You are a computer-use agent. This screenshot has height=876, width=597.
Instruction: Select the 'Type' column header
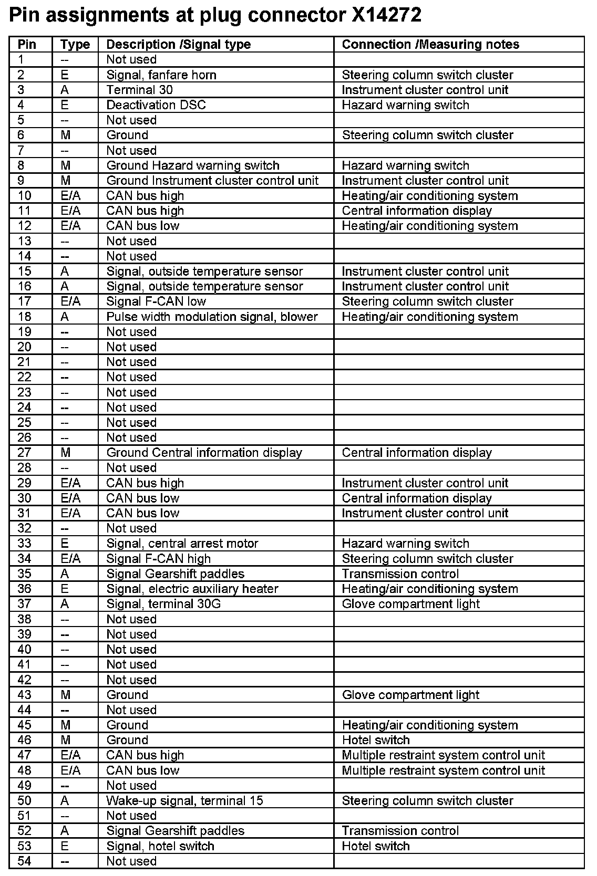[75, 45]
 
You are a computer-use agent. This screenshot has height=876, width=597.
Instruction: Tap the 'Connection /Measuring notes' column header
[430, 45]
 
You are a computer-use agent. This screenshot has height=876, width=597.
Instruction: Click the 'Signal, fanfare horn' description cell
[161, 75]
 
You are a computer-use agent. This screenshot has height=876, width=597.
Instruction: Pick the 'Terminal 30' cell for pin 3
[139, 90]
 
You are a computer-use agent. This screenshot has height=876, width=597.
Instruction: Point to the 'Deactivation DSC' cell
[156, 105]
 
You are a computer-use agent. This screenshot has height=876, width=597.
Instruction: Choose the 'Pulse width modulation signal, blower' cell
[212, 317]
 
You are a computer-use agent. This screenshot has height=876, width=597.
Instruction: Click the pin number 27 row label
[24, 453]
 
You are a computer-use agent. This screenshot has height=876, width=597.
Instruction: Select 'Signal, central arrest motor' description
[182, 544]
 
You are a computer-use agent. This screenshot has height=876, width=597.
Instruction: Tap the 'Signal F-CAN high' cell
[158, 559]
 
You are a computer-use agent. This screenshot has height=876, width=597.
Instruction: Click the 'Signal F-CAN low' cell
[156, 301]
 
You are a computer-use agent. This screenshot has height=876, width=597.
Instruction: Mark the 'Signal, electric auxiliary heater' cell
[192, 589]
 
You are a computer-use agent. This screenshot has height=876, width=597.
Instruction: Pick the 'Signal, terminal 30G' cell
[163, 604]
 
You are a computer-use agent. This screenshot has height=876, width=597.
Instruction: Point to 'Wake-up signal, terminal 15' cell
[184, 801]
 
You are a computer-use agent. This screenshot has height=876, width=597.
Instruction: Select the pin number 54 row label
[24, 861]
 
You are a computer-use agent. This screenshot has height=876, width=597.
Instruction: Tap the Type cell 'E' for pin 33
[65, 544]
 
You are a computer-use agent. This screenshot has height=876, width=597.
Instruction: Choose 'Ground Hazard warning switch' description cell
[193, 166]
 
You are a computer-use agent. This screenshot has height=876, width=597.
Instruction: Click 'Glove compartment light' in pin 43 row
[410, 695]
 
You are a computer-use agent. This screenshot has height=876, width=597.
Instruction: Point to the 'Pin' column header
[27, 45]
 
